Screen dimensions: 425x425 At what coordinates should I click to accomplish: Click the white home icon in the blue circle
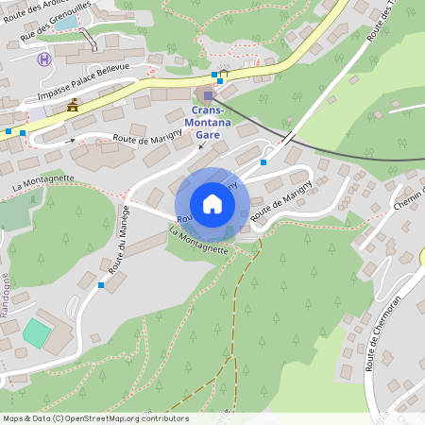coord(212,204)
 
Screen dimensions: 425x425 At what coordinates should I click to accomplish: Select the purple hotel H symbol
coord(43,59)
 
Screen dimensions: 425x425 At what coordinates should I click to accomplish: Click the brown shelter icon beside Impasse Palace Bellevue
coord(72,106)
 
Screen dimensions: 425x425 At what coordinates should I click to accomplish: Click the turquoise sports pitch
coord(37,332)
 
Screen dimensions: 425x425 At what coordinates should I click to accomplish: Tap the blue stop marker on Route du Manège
coord(101,284)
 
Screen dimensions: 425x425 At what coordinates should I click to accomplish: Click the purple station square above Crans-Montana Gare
coord(209,94)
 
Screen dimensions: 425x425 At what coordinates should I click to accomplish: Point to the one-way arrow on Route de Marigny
coord(72,141)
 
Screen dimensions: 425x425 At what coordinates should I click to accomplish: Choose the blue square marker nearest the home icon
coord(263,162)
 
